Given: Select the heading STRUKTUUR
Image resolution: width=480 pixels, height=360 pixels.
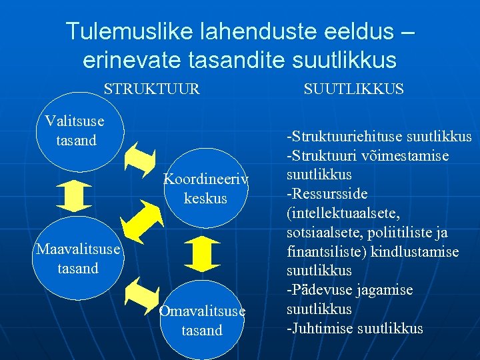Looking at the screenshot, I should [x=151, y=89].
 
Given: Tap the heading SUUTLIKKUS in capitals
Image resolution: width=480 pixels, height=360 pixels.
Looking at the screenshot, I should [x=353, y=89].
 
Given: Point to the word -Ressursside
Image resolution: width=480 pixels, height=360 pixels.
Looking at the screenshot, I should [x=327, y=194].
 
